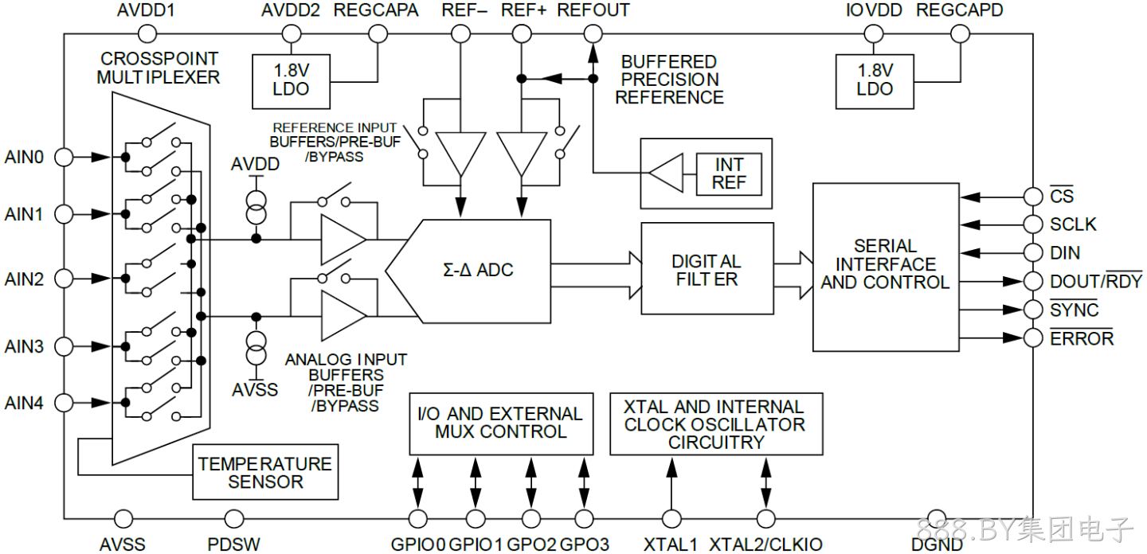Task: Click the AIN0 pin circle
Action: (64, 157)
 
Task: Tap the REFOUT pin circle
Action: (593, 34)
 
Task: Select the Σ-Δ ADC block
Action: (468, 271)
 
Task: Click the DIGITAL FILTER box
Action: (707, 268)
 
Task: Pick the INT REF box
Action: (729, 174)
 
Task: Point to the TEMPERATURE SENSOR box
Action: (265, 472)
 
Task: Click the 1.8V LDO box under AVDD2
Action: (291, 81)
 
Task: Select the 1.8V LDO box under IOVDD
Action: (875, 81)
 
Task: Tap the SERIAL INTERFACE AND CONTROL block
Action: (886, 267)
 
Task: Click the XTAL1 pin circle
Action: (671, 519)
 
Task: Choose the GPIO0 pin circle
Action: (418, 519)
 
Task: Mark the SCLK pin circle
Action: (1033, 224)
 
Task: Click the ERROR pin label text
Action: (1082, 338)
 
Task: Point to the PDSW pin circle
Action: (234, 519)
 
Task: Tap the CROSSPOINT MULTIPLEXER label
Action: (159, 68)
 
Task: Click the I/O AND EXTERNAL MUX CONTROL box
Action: (501, 423)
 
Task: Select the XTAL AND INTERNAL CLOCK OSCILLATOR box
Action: (716, 423)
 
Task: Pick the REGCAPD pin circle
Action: (960, 34)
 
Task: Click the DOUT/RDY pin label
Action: (1096, 280)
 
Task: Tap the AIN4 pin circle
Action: (64, 403)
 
